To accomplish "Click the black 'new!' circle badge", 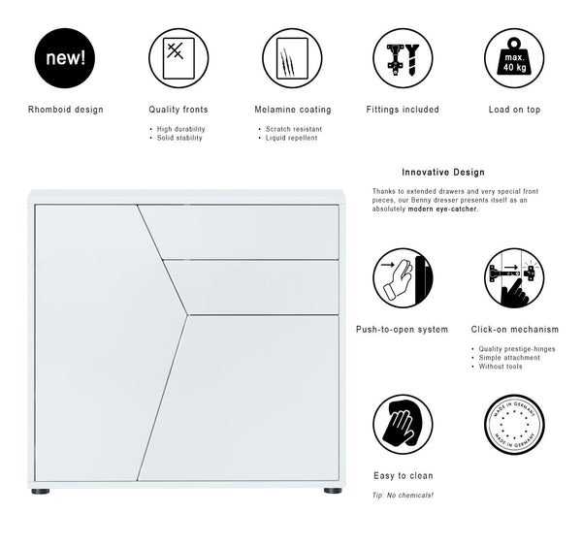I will pyautogui.click(x=66, y=58).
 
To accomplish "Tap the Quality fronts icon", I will pyautogui.click(x=178, y=58).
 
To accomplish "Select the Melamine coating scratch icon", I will pyautogui.click(x=292, y=58).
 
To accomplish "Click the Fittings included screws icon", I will pyautogui.click(x=403, y=58).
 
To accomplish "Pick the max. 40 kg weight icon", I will pyautogui.click(x=514, y=58).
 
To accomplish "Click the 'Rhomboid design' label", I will pyautogui.click(x=66, y=110).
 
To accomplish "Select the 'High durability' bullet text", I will pyautogui.click(x=181, y=129).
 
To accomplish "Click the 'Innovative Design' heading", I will pyautogui.click(x=442, y=172).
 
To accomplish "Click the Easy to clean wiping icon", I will pyautogui.click(x=403, y=424).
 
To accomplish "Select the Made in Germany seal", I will pyautogui.click(x=514, y=424).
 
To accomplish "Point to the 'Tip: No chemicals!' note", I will pyautogui.click(x=403, y=495).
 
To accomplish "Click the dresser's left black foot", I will pyautogui.click(x=42, y=492).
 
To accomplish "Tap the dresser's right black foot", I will pyautogui.click(x=332, y=492).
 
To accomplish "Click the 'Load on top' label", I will pyautogui.click(x=514, y=110).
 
